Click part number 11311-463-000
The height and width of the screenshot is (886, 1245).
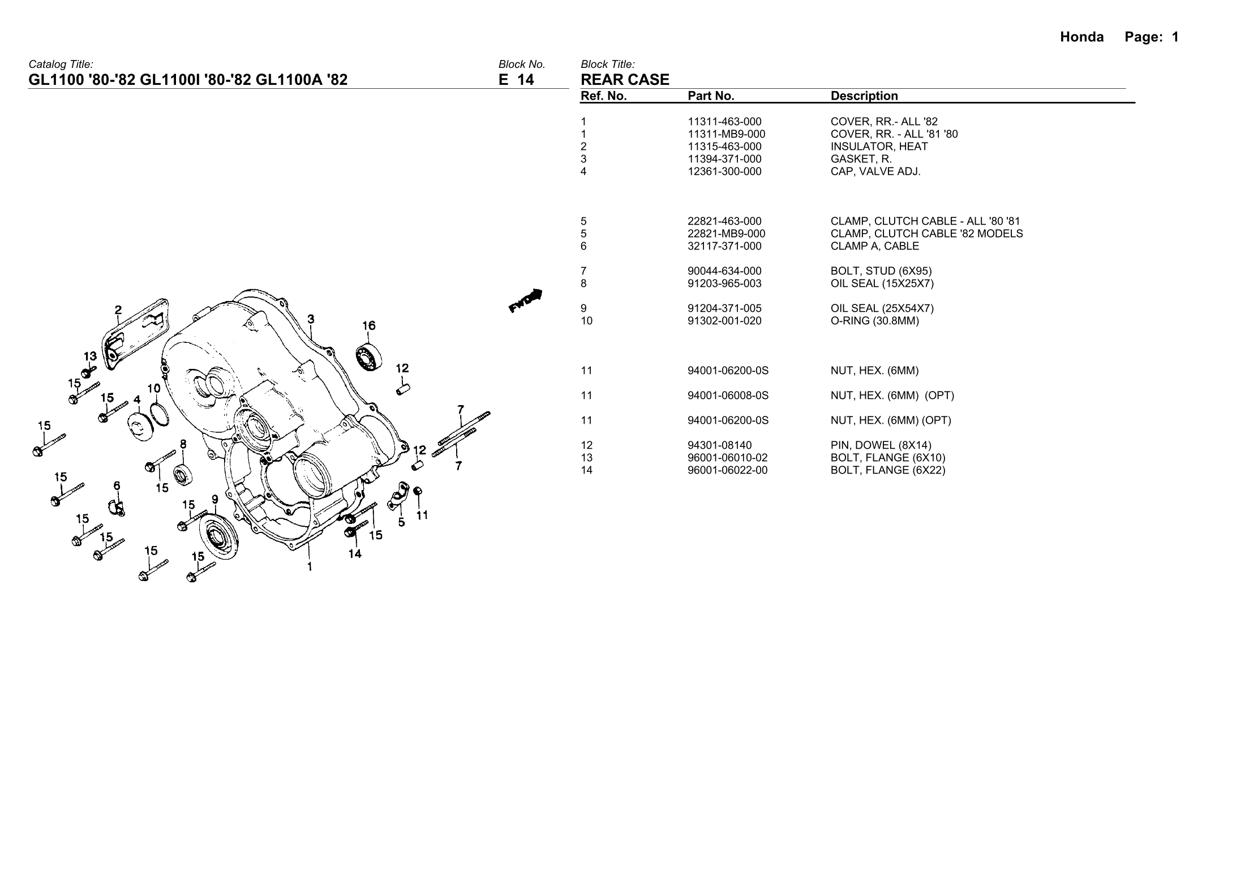pos(724,122)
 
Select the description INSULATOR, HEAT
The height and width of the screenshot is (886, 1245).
pos(879,147)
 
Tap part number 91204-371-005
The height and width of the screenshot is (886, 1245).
pos(724,308)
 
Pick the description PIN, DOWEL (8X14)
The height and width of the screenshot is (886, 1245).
pos(881,445)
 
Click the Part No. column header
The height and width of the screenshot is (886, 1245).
pos(711,96)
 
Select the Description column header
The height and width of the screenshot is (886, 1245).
pos(864,96)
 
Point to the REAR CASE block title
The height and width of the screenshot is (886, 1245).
pos(625,80)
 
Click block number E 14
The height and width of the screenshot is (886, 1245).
pos(516,80)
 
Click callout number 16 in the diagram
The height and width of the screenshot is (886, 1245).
pos(368,325)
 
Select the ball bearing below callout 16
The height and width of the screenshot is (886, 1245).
pos(368,356)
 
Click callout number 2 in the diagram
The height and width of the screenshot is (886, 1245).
pos(118,310)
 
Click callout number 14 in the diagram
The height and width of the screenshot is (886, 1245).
pos(355,554)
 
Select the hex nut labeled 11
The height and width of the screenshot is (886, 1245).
pos(418,491)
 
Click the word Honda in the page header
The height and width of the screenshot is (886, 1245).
pos(1081,37)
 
